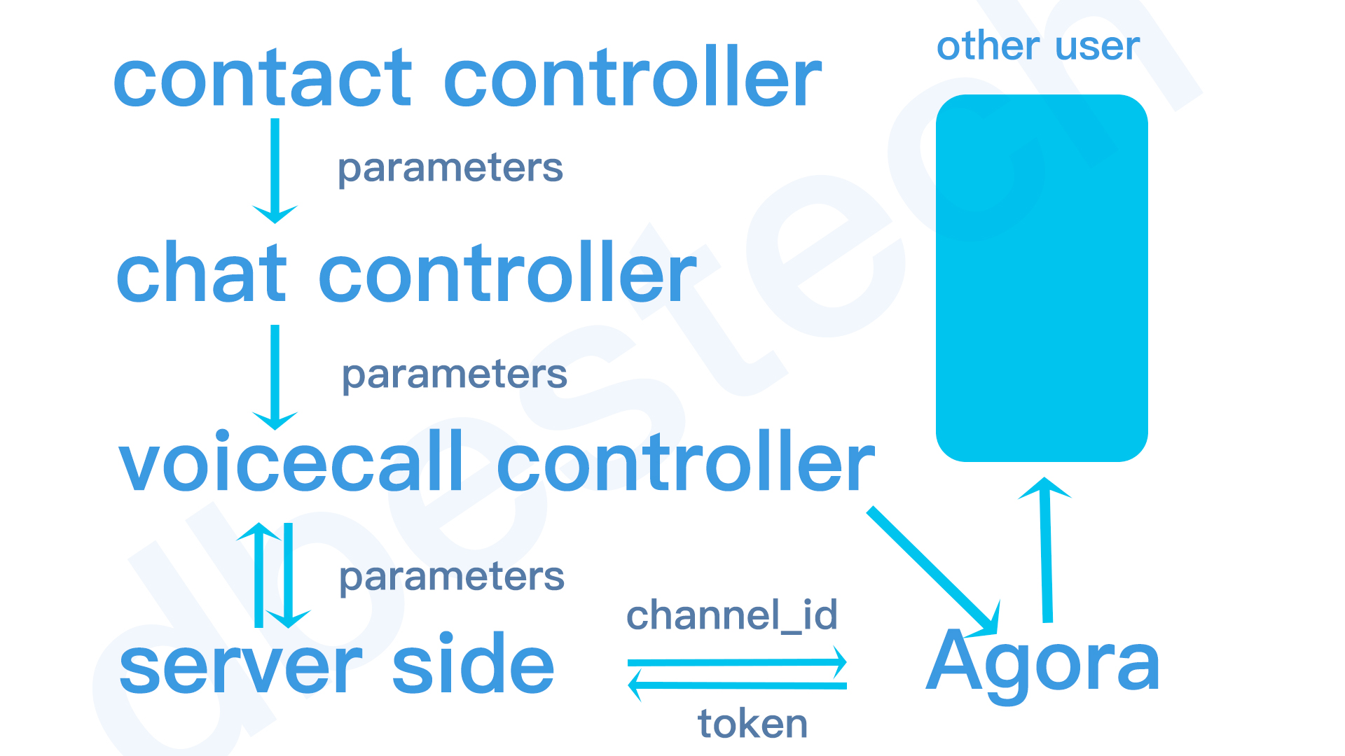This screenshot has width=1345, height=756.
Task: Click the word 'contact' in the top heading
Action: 263,79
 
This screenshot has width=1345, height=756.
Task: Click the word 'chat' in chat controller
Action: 202,273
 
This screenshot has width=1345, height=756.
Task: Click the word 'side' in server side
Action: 474,662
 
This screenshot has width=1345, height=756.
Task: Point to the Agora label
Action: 1042,664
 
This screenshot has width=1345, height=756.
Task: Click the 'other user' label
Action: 1038,46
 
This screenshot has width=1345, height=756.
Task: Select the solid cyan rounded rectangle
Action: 1042,278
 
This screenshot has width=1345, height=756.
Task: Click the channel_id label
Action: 732,615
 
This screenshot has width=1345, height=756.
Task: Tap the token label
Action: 753,724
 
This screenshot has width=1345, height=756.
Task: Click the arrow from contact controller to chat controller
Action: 275,171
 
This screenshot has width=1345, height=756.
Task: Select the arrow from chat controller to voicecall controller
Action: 275,377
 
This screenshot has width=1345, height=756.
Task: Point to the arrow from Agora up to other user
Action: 1046,550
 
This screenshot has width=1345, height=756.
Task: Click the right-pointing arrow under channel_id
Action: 737,662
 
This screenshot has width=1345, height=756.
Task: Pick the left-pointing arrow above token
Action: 737,685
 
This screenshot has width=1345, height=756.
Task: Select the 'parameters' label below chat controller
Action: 455,377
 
